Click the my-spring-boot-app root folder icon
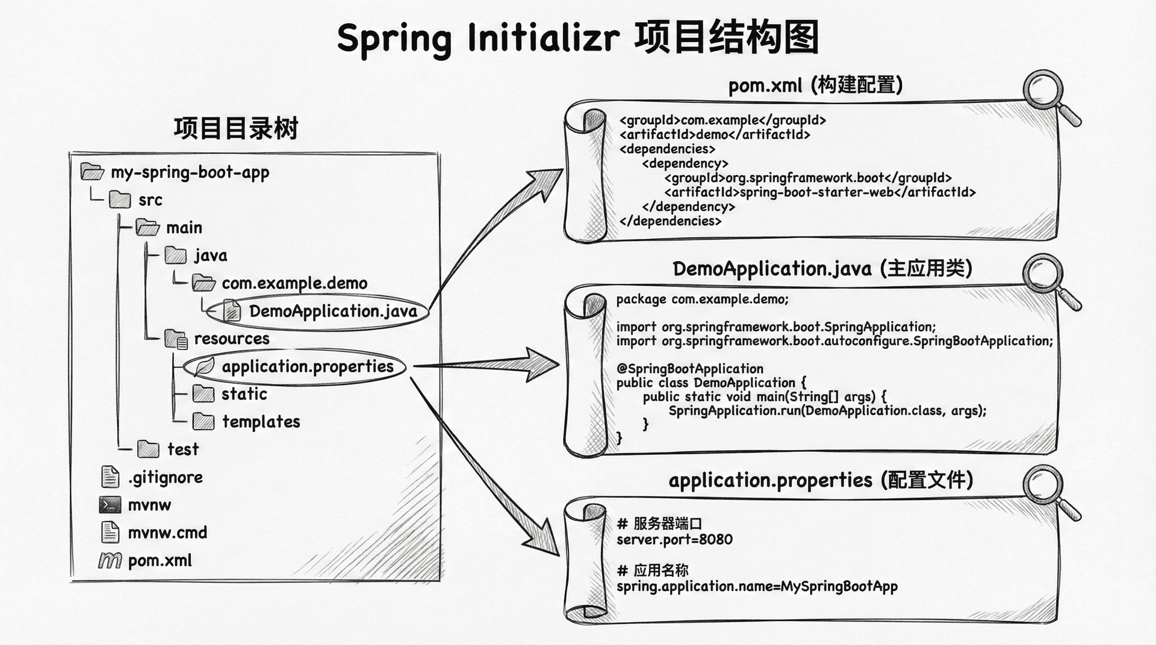[x=92, y=172]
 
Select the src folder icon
[x=120, y=200]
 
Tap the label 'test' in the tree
[x=182, y=449]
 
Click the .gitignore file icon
[x=110, y=477]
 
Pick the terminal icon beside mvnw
[x=110, y=505]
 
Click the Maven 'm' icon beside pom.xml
[x=110, y=561]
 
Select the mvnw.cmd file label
[x=167, y=533]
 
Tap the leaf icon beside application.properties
[x=204, y=366]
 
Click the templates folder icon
[x=204, y=422]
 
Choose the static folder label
[x=244, y=394]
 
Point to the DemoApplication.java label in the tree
[x=333, y=311]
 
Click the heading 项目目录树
[x=236, y=129]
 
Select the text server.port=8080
[x=674, y=540]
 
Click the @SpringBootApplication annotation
[x=690, y=369]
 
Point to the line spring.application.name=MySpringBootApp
[x=757, y=587]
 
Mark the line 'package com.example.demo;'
[x=702, y=300]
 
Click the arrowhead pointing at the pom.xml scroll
[x=545, y=181]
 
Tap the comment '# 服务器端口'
[x=659, y=523]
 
